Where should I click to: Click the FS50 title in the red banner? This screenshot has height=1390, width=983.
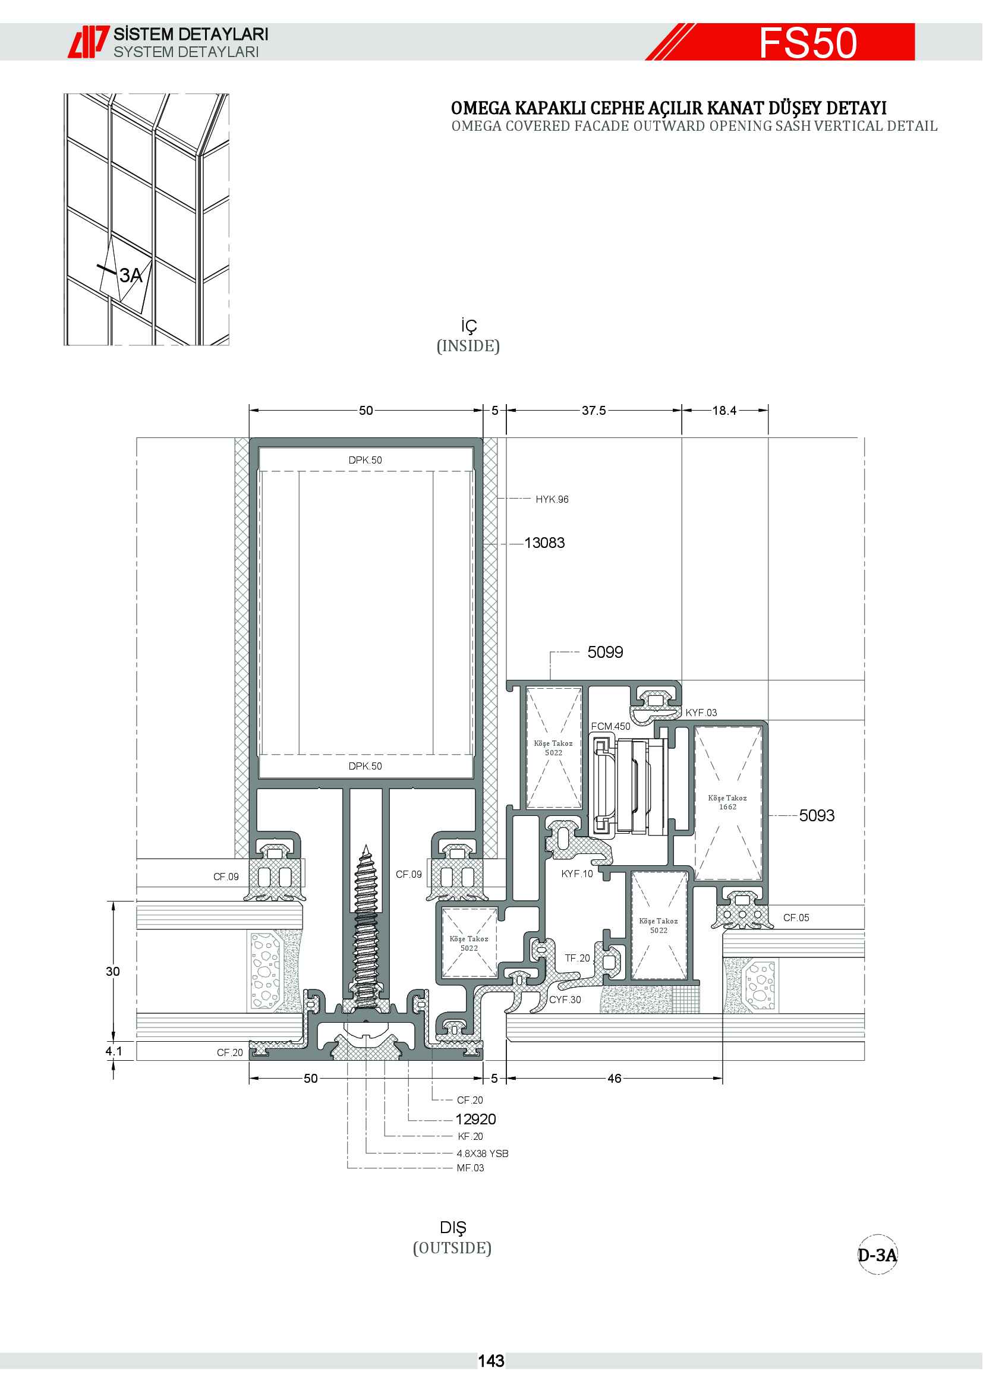[x=808, y=42]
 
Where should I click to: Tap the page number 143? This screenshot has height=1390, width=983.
[x=491, y=1361]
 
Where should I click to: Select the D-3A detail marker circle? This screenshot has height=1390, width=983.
[x=877, y=1255]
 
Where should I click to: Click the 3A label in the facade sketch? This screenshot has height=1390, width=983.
[x=131, y=276]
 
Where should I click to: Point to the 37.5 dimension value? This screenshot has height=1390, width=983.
[x=594, y=411]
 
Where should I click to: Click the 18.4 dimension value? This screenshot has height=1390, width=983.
[x=724, y=411]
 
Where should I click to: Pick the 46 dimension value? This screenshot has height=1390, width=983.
[x=615, y=1078]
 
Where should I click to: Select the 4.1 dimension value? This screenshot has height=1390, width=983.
[x=114, y=1051]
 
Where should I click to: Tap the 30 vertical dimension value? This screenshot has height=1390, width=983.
[x=113, y=971]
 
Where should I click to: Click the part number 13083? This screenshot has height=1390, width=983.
[x=544, y=543]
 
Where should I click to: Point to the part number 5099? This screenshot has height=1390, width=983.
[x=605, y=652]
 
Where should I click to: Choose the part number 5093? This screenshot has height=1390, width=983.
[x=817, y=815]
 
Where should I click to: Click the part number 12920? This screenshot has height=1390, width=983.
[x=476, y=1120]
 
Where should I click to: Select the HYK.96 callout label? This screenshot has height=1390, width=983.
[x=552, y=499]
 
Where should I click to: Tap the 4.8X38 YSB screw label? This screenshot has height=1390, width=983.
[x=483, y=1153]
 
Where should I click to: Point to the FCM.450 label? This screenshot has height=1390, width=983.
[x=611, y=726]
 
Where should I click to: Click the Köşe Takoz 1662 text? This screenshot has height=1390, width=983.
[x=727, y=802]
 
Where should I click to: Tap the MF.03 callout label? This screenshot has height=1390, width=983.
[x=470, y=1168]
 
